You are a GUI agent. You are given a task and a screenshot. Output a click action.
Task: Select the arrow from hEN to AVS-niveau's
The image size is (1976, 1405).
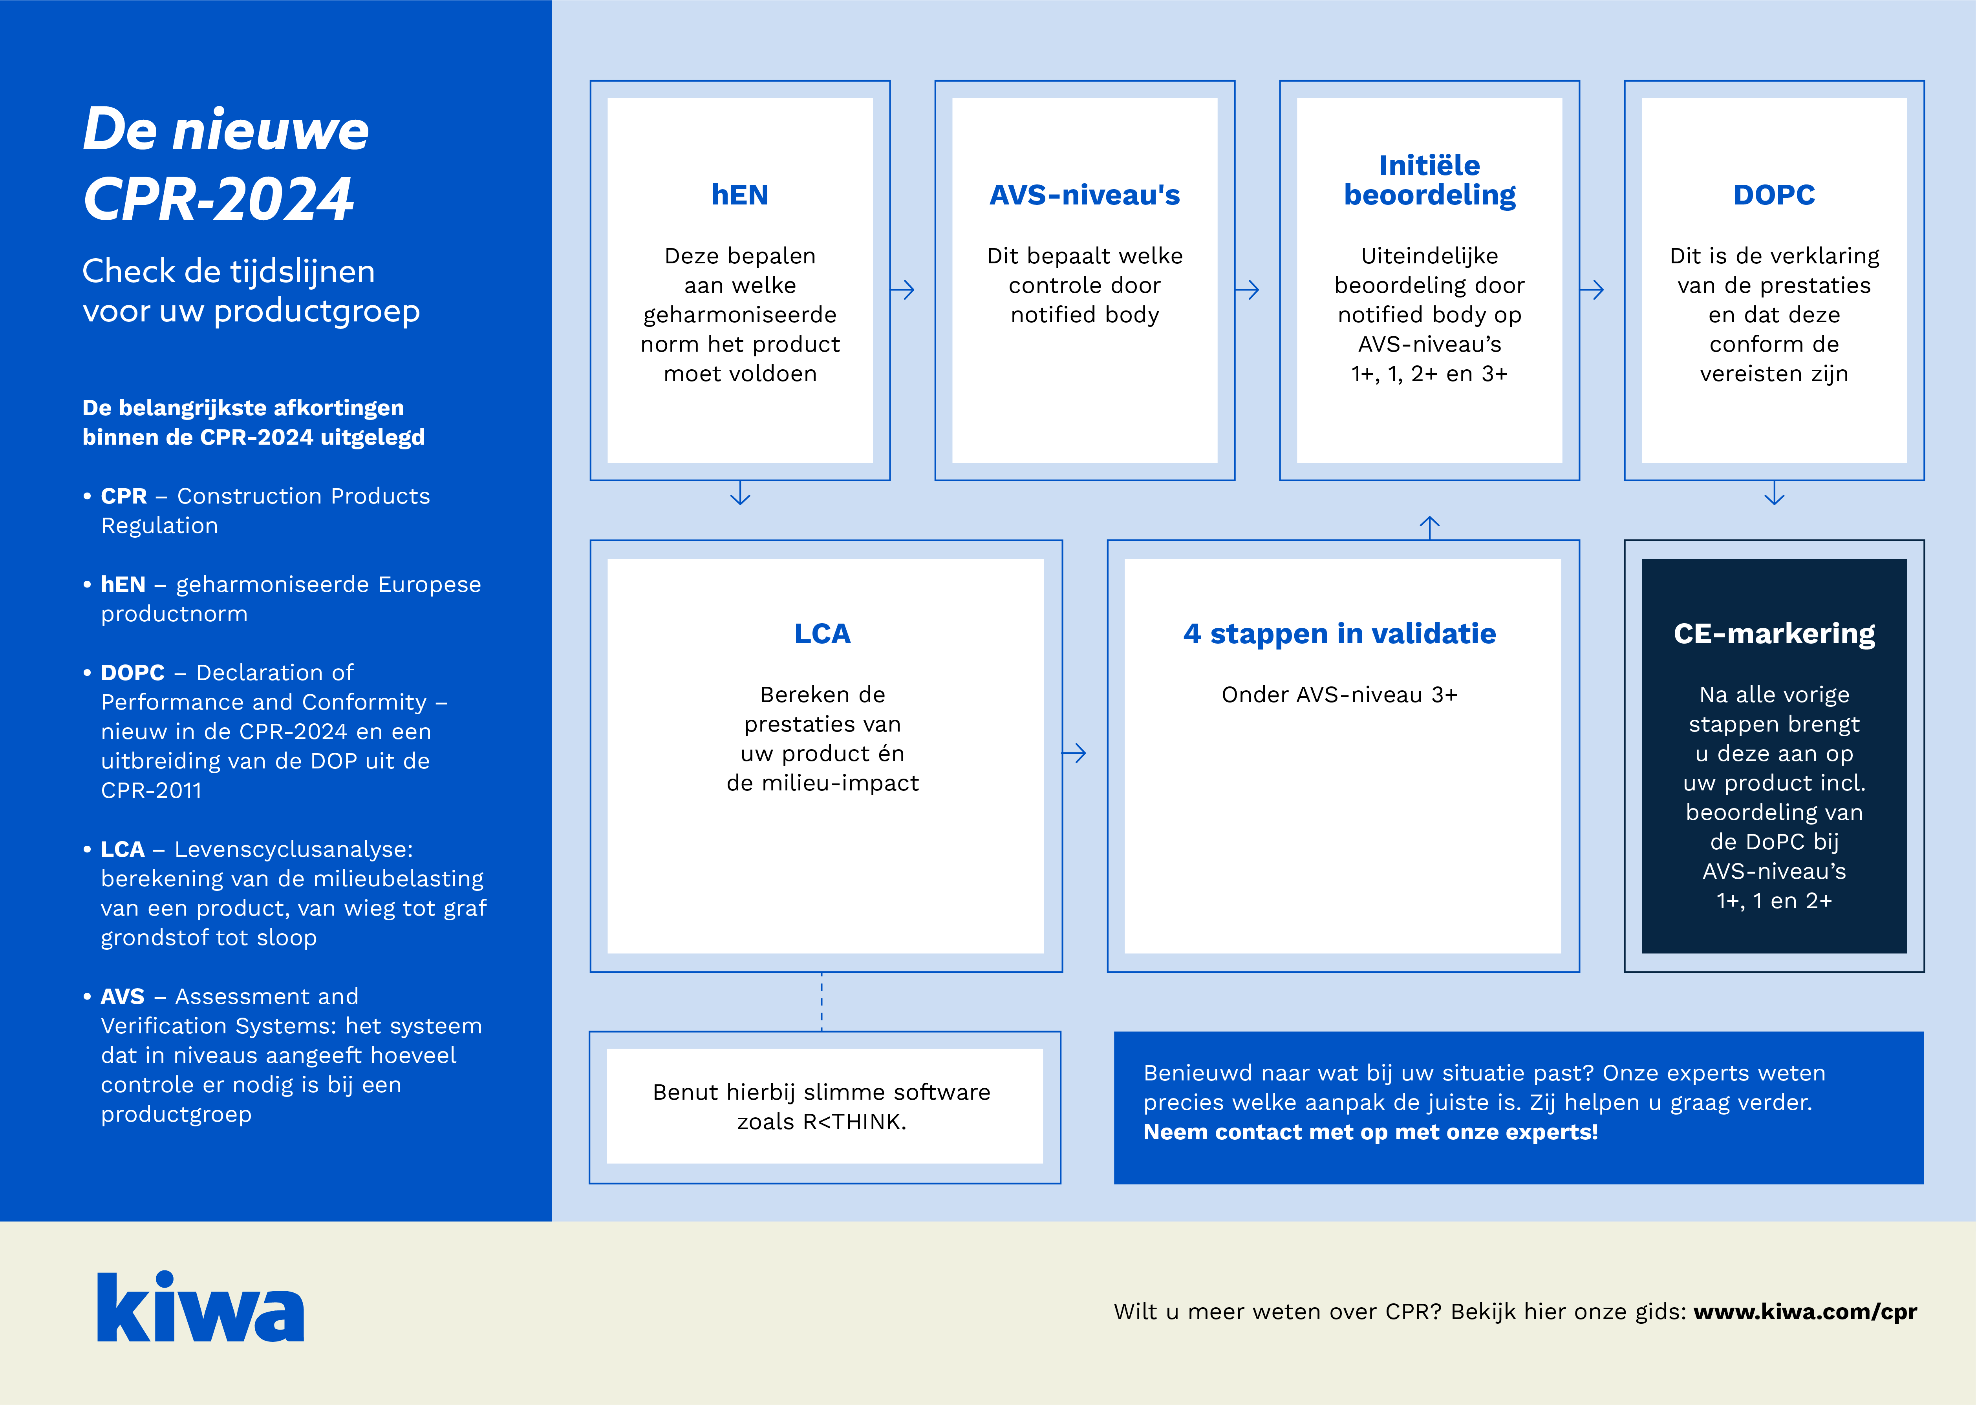click(903, 290)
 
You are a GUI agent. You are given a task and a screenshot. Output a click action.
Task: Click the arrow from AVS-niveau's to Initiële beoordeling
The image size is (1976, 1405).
click(1247, 290)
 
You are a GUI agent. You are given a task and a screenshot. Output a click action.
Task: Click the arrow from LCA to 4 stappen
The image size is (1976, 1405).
click(1074, 754)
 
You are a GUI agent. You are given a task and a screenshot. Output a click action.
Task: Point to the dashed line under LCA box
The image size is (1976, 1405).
click(822, 1002)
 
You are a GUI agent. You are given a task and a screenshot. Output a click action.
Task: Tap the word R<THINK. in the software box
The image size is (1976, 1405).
click(854, 1122)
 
